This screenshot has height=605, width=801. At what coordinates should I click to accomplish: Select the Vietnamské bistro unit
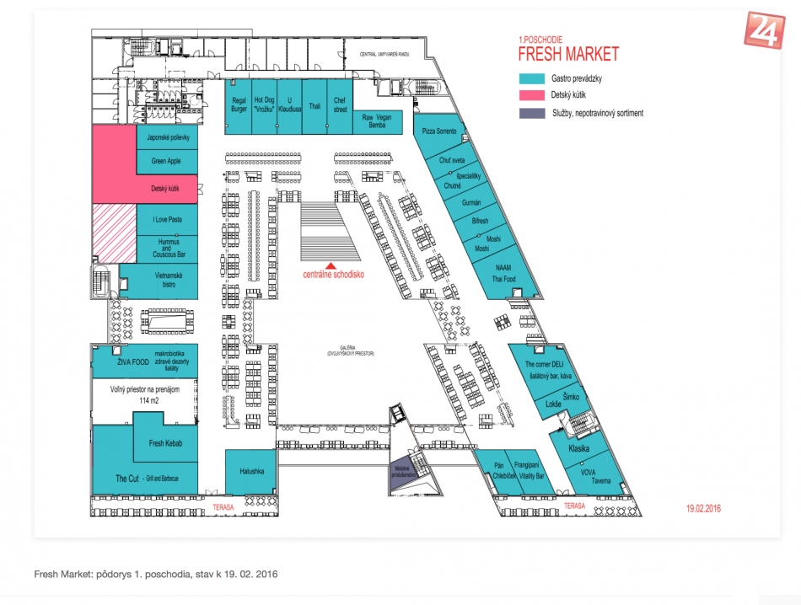[x=160, y=281]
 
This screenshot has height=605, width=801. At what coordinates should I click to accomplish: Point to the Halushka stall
[x=250, y=472]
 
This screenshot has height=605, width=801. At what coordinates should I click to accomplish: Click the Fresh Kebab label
[x=166, y=443]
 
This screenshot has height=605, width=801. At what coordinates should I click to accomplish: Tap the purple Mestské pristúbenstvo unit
[x=403, y=473]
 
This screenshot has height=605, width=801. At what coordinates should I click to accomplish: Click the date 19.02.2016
[x=703, y=508]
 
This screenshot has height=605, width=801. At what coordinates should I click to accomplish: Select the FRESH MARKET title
[x=567, y=55]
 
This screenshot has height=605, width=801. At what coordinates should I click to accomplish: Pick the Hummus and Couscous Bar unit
[x=167, y=246]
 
